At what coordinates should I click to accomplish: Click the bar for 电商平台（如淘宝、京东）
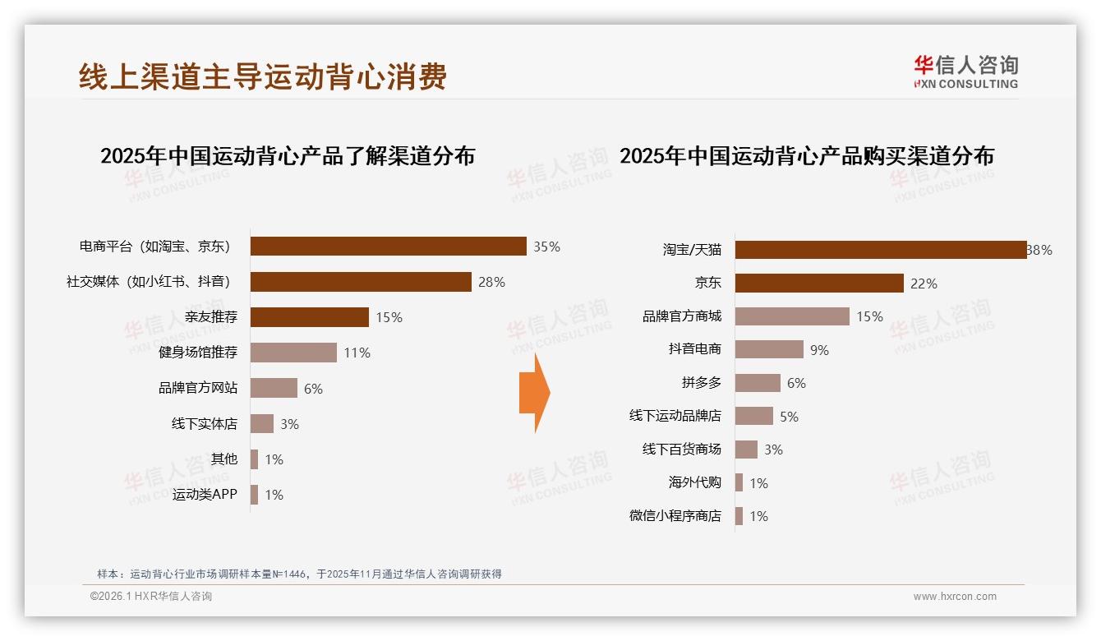tap(388, 247)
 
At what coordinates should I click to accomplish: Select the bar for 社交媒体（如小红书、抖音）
tap(361, 282)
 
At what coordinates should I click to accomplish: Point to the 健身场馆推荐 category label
tap(198, 353)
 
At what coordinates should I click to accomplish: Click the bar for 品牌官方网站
tap(274, 388)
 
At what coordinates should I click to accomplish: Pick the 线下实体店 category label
tap(205, 424)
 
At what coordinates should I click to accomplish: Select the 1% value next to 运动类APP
tap(274, 495)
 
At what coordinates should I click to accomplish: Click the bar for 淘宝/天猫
tap(880, 250)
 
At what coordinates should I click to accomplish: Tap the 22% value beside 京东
tap(924, 284)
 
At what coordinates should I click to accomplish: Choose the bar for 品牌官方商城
tap(792, 316)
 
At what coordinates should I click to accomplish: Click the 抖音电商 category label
tap(695, 349)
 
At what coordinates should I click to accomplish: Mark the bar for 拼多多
tap(758, 383)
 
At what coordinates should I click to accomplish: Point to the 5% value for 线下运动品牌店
tap(789, 417)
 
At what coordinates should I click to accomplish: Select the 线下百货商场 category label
tap(682, 450)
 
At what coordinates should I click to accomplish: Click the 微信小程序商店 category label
tap(675, 516)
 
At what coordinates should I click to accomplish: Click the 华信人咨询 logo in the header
tap(965, 71)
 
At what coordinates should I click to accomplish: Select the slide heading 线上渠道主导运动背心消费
tap(263, 76)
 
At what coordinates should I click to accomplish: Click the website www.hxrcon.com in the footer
tap(955, 597)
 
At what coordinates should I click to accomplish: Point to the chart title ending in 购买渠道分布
tap(806, 155)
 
